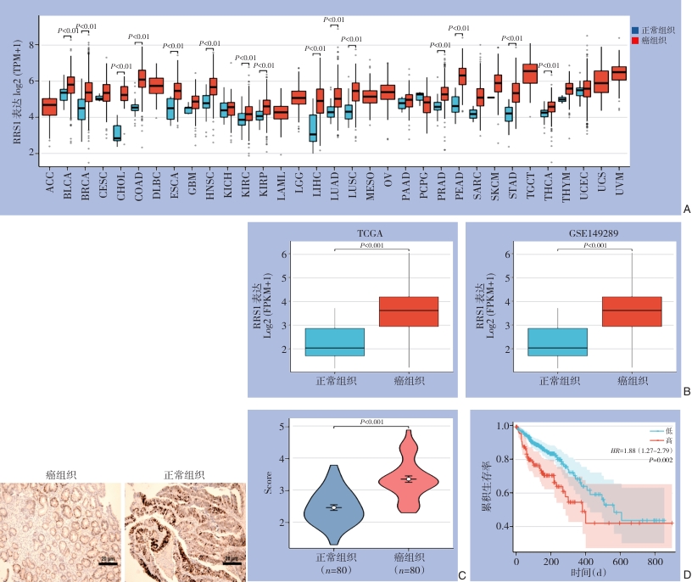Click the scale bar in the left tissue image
(109, 562)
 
